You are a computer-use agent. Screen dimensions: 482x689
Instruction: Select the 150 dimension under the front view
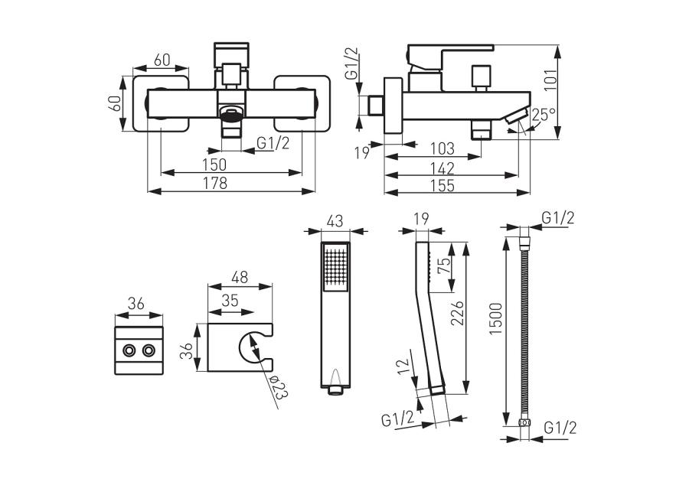coord(214,164)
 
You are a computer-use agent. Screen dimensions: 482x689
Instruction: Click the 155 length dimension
coord(442,186)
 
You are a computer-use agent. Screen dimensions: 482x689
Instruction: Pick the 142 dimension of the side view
coord(442,168)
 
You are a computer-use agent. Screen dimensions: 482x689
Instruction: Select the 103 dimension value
coord(442,148)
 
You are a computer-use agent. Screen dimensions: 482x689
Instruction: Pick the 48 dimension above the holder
coord(240,278)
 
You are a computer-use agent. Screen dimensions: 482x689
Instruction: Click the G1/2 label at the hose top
coord(558,219)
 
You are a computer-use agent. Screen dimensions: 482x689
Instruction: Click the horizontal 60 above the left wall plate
coord(162,60)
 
